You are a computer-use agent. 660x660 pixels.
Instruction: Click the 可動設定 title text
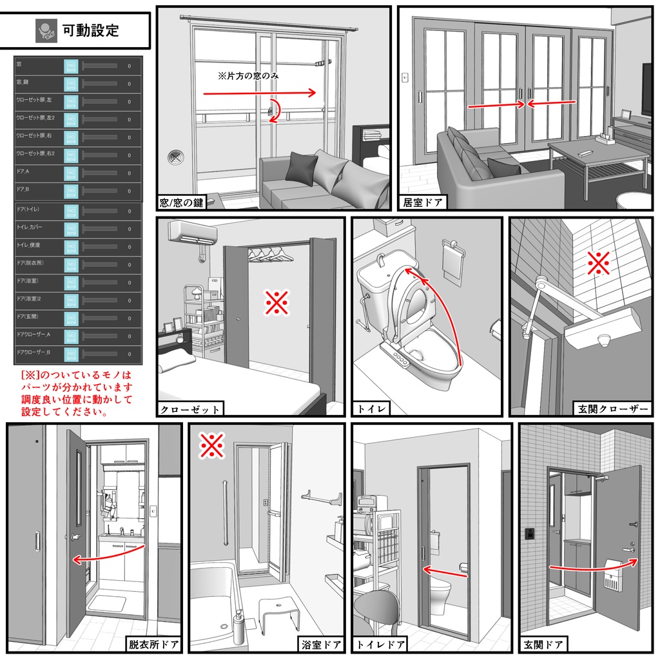click(90, 30)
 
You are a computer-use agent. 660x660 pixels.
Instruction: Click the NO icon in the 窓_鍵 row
click(70, 83)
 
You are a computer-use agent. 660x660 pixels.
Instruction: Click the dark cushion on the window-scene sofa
click(301, 168)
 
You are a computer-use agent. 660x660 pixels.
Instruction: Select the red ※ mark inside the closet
click(277, 302)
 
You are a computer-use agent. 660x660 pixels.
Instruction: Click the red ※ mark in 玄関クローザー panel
click(599, 264)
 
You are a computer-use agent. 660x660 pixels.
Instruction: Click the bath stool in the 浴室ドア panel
click(280, 612)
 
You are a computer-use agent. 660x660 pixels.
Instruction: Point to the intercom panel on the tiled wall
click(529, 533)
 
